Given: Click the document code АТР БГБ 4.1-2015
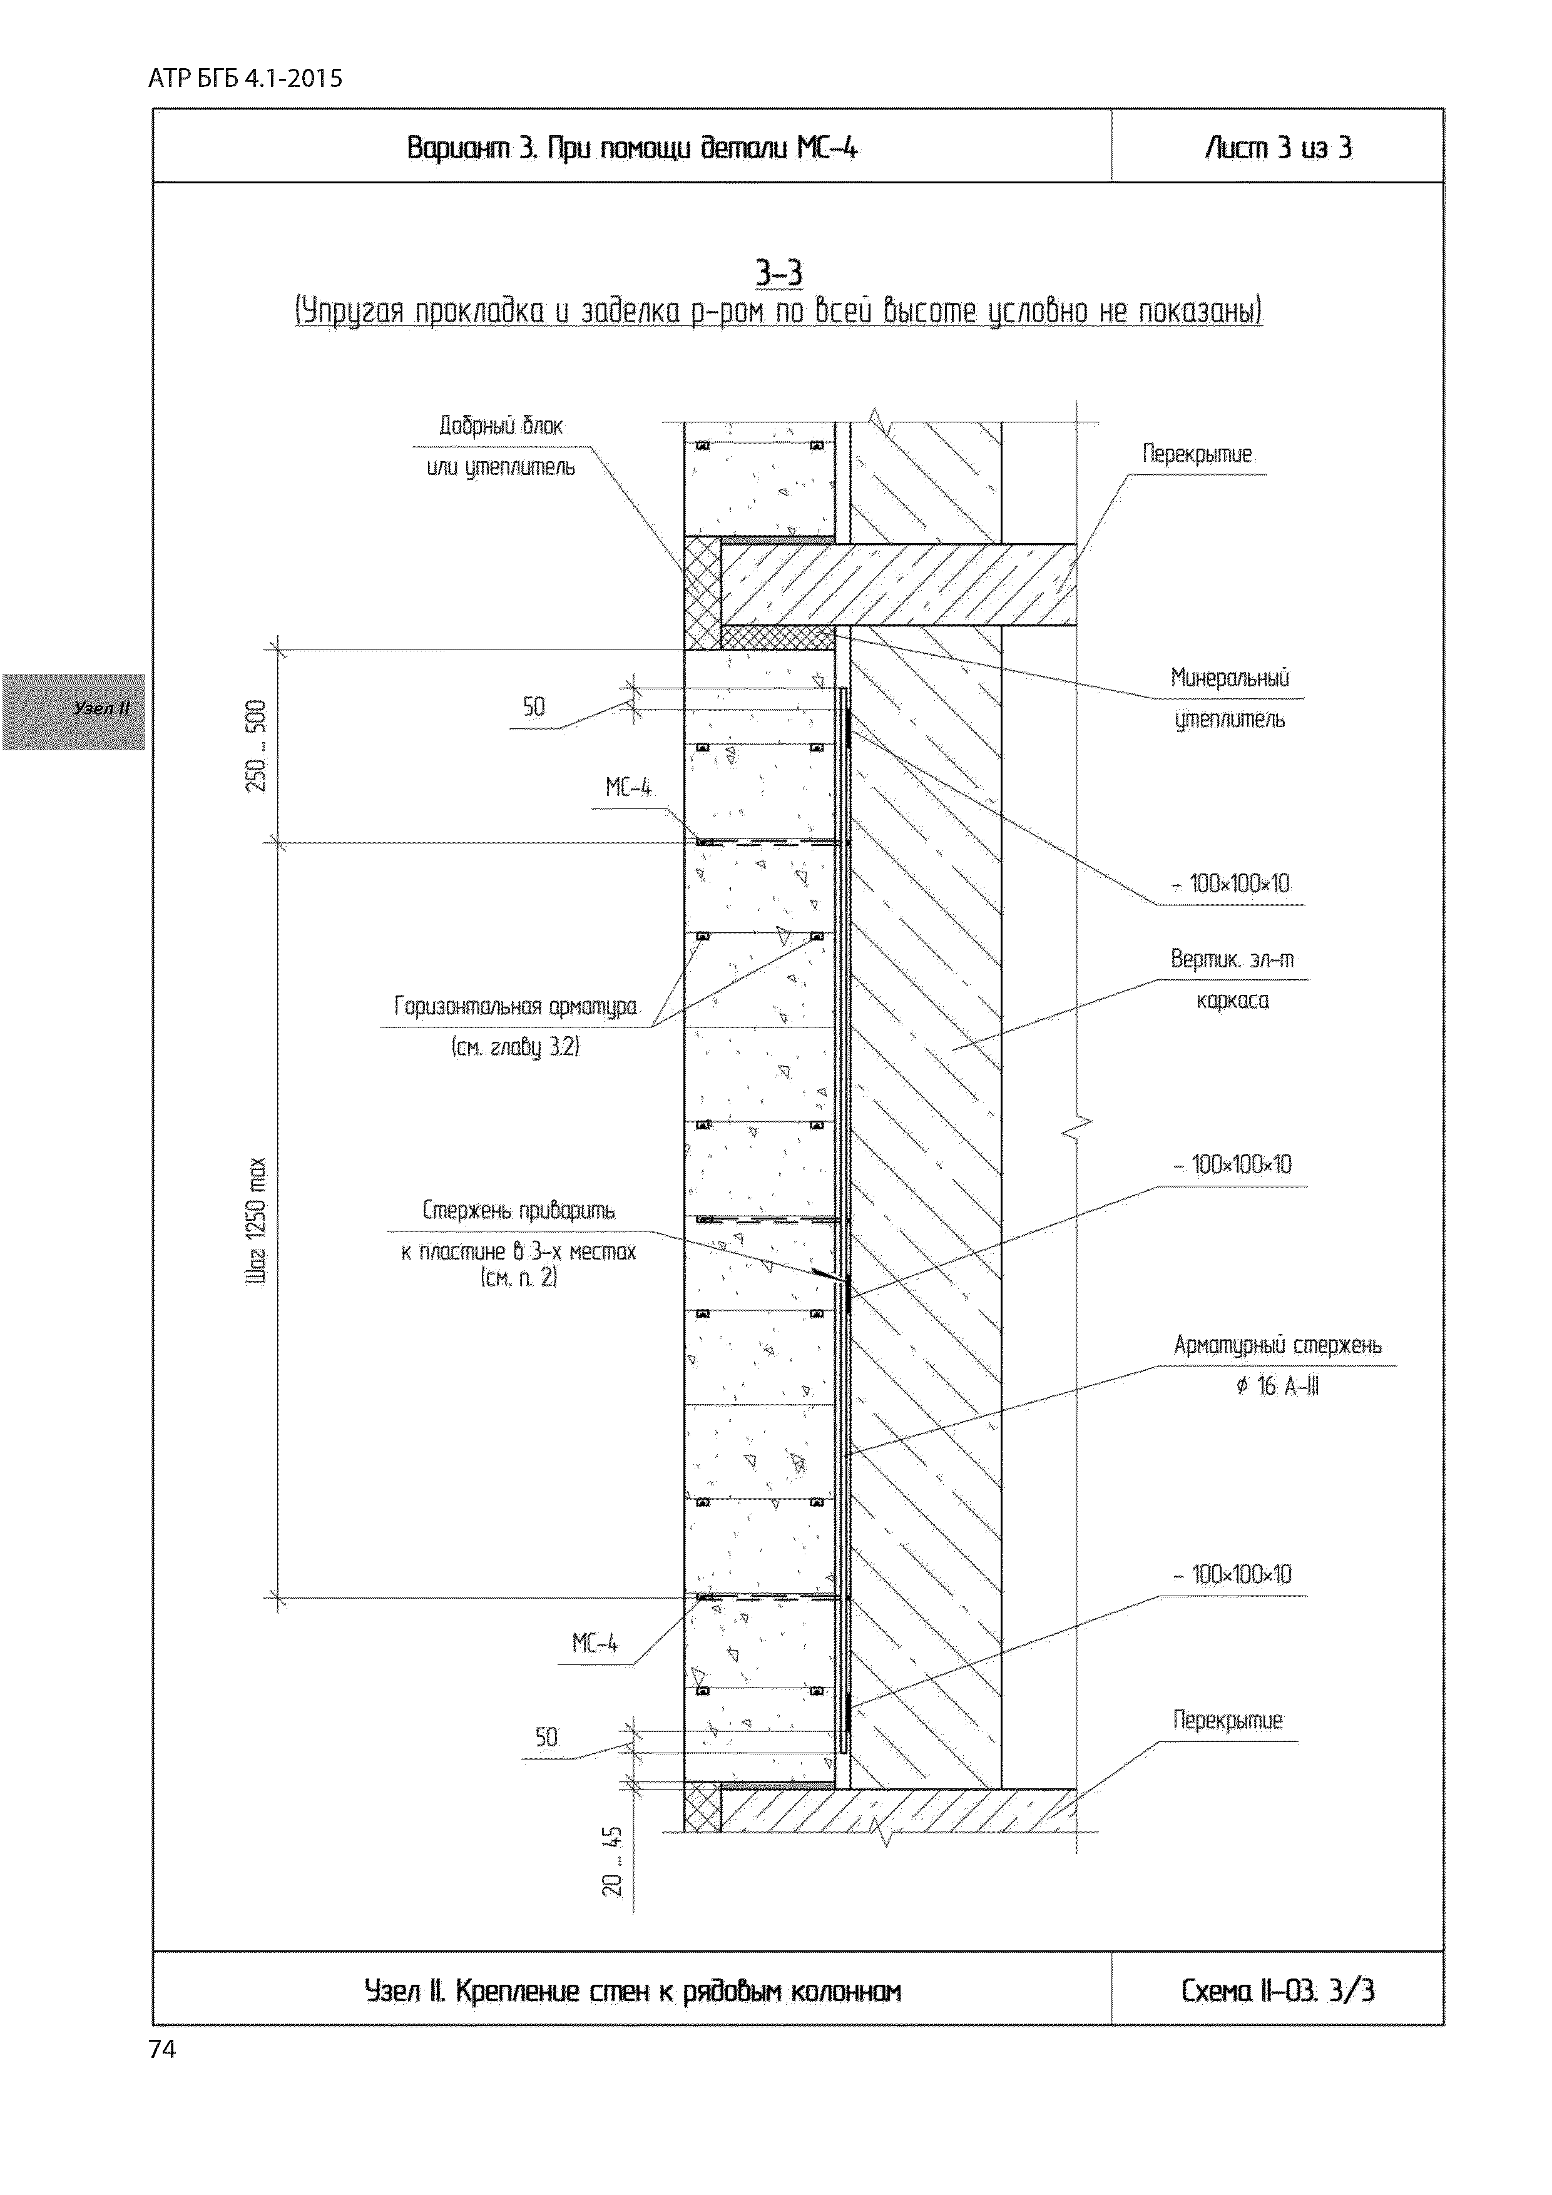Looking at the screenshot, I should pos(245,78).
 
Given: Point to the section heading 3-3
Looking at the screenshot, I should pos(779,274).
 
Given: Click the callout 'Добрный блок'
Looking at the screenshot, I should pos(501,426).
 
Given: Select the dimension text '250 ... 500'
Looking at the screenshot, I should pos(257,746).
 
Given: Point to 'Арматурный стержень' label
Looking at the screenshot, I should pos(1277,1346).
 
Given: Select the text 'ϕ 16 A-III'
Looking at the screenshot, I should pos(1277,1386).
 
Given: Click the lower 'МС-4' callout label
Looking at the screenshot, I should pos(595,1643).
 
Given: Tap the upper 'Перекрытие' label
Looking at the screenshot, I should pos(1197,454).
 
